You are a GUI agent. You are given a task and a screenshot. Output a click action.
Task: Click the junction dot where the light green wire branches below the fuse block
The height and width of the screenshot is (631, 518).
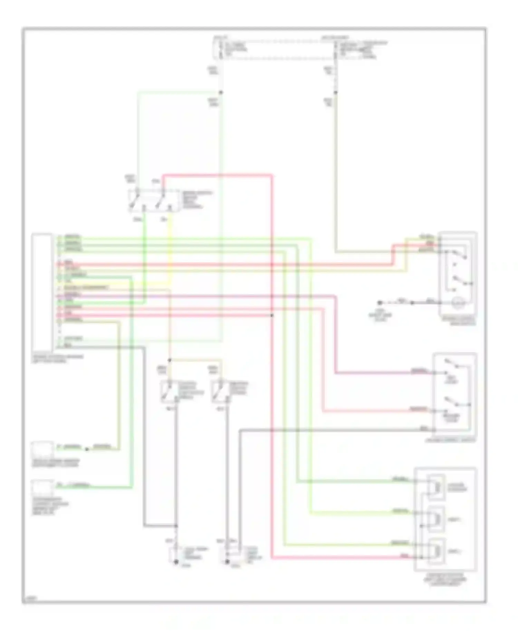click(x=221, y=93)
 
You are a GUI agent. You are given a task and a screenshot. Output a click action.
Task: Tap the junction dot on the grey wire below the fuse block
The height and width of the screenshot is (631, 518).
click(x=335, y=93)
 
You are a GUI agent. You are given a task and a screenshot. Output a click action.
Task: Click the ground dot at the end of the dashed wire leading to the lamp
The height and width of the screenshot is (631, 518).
click(x=380, y=303)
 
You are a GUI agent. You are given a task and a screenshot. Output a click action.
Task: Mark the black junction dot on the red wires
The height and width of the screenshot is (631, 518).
click(x=272, y=315)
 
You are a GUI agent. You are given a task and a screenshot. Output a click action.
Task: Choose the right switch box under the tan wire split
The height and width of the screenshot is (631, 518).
click(x=221, y=392)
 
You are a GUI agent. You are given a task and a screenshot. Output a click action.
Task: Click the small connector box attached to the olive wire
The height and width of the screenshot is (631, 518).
click(x=42, y=449)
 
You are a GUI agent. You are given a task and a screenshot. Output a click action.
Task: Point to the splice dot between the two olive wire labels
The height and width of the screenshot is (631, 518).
click(x=87, y=449)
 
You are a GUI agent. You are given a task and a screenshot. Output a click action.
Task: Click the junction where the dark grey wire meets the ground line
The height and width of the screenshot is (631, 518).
click(x=176, y=526)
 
